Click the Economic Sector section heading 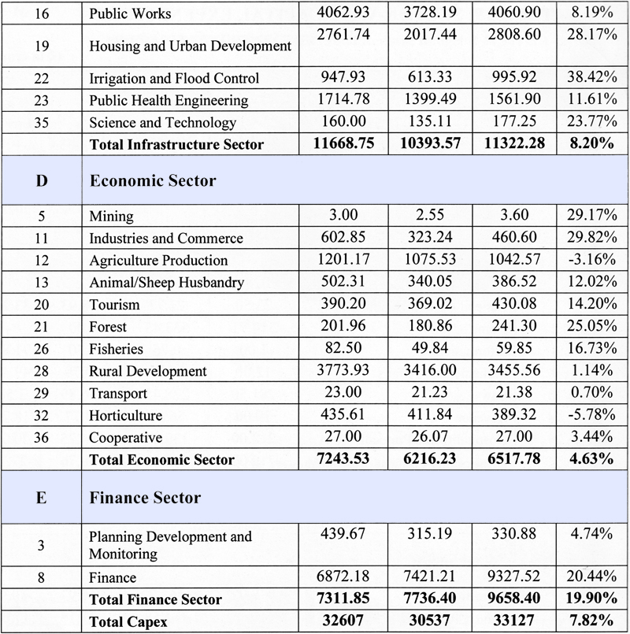[153, 180]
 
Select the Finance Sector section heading [145, 497]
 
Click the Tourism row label [114, 305]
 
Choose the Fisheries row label [117, 349]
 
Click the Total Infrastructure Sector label [176, 144]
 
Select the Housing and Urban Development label [190, 46]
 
